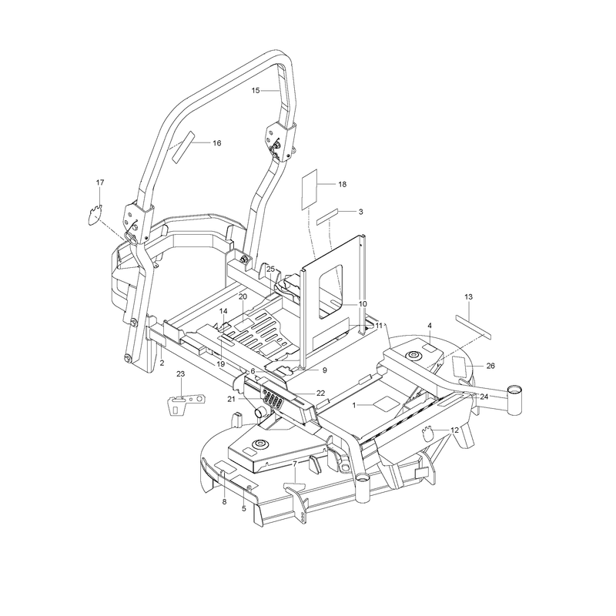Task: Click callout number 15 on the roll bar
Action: tap(256, 91)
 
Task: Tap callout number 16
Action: tap(217, 143)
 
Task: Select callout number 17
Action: tap(100, 182)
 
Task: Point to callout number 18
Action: tap(342, 184)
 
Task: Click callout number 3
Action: tap(360, 212)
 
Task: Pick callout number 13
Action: tap(469, 297)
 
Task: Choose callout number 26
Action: tap(490, 366)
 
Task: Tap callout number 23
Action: tap(180, 374)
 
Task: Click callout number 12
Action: tap(454, 430)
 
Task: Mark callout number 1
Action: tap(354, 405)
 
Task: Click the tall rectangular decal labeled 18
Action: tap(310, 189)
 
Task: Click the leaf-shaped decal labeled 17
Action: tap(94, 215)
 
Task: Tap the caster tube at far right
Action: tap(514, 400)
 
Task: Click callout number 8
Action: tap(224, 502)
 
